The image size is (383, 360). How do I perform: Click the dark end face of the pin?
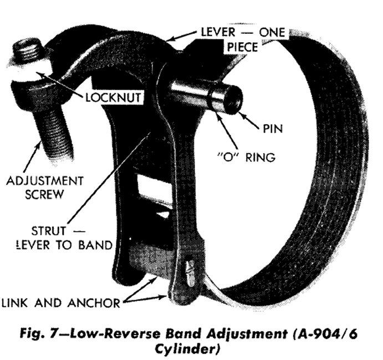[232, 99]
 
